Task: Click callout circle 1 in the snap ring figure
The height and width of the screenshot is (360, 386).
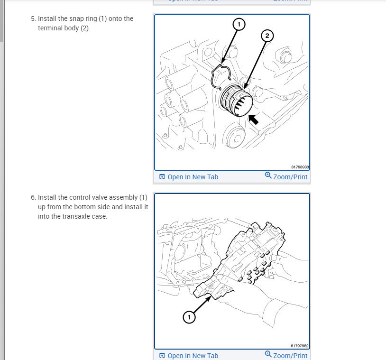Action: coord(239,24)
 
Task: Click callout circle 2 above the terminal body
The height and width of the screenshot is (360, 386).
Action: coord(267,36)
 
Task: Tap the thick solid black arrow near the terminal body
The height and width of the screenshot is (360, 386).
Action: coord(254,120)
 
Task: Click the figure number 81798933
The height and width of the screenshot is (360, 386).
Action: coord(300,167)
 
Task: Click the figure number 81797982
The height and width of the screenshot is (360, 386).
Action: coord(300,346)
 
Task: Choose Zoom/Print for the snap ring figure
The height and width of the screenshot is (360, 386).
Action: coord(290,177)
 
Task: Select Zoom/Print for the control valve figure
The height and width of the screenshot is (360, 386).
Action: coord(290,356)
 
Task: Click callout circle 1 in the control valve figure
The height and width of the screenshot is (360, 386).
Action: coord(189,317)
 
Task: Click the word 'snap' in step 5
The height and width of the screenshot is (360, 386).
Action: coord(83,19)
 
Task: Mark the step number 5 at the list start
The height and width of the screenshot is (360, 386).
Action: coord(33,19)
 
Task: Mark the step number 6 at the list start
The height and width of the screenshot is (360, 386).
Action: coord(33,197)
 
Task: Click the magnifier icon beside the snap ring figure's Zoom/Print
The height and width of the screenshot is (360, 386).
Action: coord(268,176)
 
